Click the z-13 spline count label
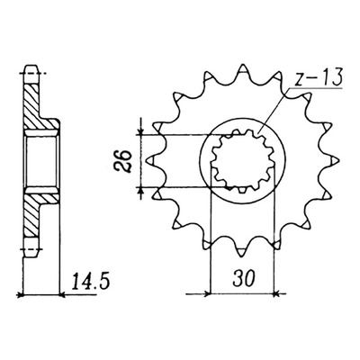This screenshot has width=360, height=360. pyautogui.click(x=318, y=78)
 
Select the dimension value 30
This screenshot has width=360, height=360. pyautogui.click(x=244, y=278)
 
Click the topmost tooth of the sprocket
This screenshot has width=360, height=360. pyautogui.click(x=243, y=71)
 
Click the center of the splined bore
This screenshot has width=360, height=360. pyautogui.click(x=243, y=161)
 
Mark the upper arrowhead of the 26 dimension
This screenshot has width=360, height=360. pyautogui.click(x=140, y=131)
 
